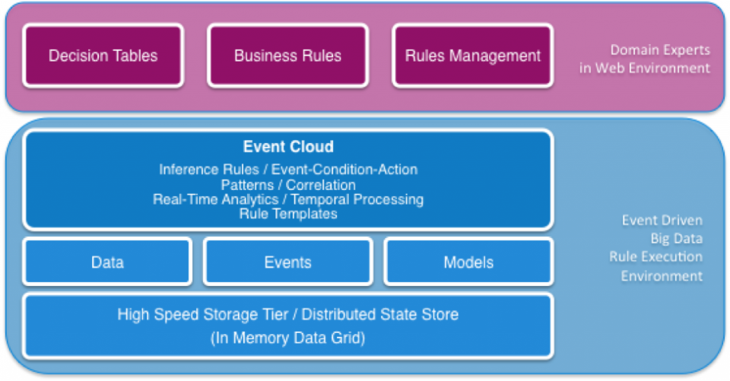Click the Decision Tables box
103,56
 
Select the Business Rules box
288,56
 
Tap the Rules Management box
473,56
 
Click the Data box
107,262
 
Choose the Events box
288,262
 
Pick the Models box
469,262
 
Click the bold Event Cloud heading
288,147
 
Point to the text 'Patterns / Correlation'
288,185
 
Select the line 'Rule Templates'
288,214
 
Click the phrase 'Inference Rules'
209,169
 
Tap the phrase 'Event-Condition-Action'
344,169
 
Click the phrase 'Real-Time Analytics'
215,199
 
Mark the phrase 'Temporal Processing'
357,199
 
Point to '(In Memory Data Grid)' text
288,338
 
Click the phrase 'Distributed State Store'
380,314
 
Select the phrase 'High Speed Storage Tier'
203,315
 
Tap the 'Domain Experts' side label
660,50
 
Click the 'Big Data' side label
677,239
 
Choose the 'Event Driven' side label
662,220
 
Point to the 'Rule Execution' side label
656,256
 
